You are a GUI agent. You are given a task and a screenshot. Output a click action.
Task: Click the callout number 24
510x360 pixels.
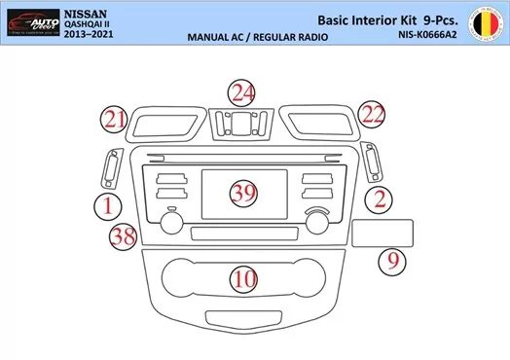point(243,94)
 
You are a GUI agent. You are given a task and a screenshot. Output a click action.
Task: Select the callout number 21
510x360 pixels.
point(117,120)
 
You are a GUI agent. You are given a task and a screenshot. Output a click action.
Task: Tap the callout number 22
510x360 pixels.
point(371,115)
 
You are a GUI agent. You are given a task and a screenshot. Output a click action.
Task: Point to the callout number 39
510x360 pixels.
point(243,193)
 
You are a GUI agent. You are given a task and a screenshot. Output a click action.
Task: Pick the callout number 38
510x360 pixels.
point(123,236)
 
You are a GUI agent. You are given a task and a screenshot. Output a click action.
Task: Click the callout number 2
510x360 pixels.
point(381,200)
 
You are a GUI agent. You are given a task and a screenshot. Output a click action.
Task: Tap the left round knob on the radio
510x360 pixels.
point(171,221)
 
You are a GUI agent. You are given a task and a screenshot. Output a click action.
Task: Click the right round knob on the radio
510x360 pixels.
point(316,221)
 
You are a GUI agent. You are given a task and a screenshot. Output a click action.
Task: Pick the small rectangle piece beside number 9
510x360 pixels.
point(382,234)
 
